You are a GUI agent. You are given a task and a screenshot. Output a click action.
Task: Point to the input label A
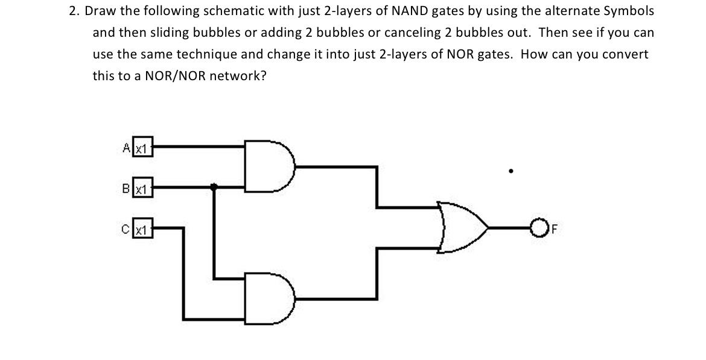click(126, 147)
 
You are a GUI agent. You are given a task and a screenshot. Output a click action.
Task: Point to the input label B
click(126, 187)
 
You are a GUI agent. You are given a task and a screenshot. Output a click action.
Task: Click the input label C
click(126, 229)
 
